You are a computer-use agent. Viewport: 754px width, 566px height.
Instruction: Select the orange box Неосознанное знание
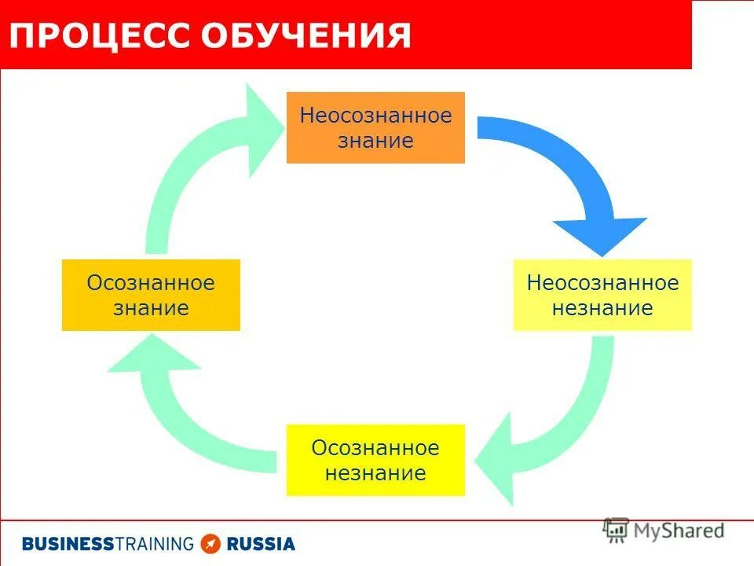pos(375,127)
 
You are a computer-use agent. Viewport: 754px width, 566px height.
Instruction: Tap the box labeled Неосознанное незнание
pos(602,295)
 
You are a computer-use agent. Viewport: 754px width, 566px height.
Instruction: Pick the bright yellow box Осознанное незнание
pos(375,460)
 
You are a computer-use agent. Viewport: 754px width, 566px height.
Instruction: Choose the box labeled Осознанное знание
pos(151,295)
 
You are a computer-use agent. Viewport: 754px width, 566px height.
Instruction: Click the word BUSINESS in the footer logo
pos(68,543)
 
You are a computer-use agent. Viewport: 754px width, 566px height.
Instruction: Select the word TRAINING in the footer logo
pos(154,543)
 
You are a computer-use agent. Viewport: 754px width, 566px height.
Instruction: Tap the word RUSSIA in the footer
pos(261,543)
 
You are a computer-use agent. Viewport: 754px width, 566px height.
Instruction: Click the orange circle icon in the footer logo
pos(210,543)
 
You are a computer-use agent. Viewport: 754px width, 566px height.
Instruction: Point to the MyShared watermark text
pos(679,531)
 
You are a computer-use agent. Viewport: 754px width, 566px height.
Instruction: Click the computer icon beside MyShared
pos(616,531)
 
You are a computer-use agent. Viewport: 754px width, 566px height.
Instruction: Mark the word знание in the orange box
pos(375,141)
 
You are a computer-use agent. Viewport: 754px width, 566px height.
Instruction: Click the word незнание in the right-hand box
pos(602,308)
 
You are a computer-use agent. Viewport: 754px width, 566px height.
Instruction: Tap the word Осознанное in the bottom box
pos(375,448)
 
